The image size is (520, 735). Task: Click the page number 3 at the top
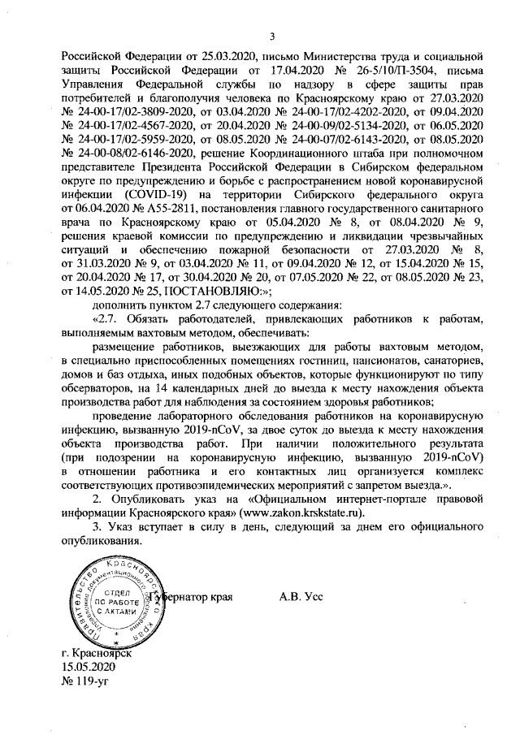pos(273,35)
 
